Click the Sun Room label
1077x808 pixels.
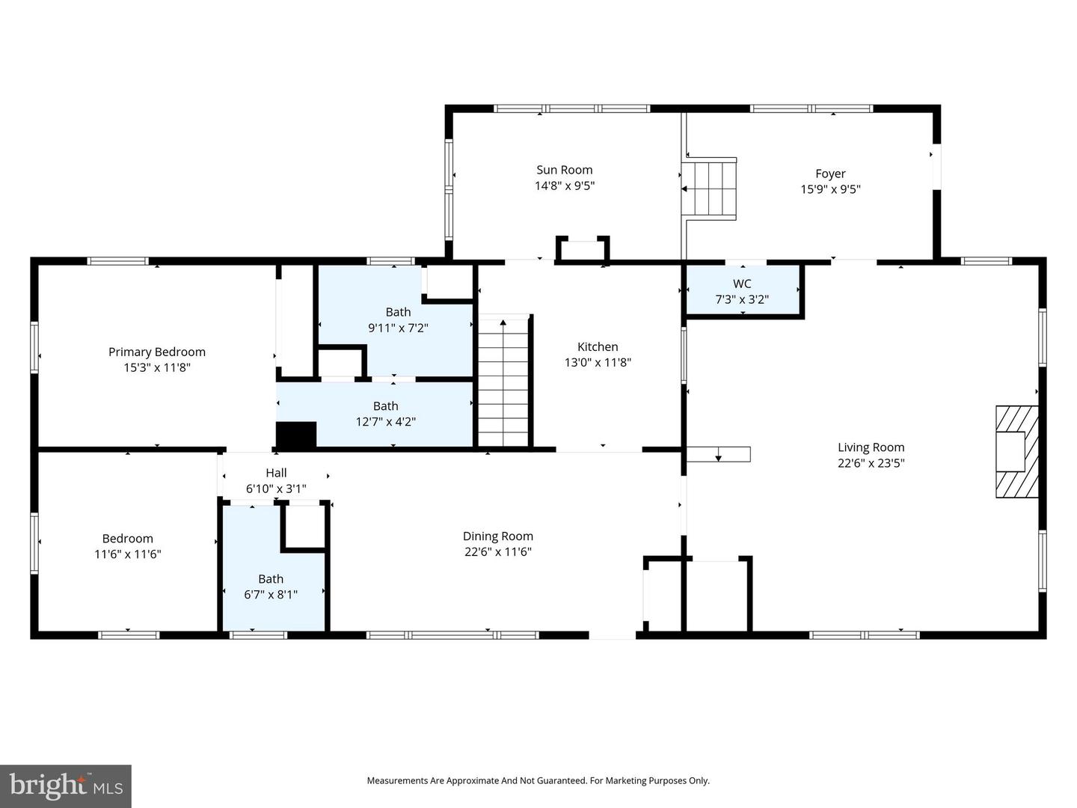click(x=564, y=170)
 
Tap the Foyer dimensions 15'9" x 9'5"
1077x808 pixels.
click(x=830, y=189)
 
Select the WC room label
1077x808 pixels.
click(x=742, y=284)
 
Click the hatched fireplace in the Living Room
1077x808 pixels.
click(x=1017, y=452)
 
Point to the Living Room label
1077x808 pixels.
click(x=871, y=447)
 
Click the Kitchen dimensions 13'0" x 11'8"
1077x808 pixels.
click(x=598, y=363)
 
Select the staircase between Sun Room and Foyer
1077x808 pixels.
click(x=711, y=187)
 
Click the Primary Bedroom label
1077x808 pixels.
click(x=157, y=352)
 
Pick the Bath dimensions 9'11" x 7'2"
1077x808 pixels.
click(x=398, y=328)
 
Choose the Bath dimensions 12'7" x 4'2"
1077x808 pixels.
click(x=385, y=422)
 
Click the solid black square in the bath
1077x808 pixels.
click(x=296, y=435)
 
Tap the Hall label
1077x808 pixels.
click(x=276, y=473)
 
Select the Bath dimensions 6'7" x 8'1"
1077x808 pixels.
click(x=271, y=595)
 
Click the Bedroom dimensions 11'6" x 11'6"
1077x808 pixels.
click(x=128, y=554)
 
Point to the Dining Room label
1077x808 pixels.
click(x=497, y=536)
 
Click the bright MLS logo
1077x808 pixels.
click(x=66, y=786)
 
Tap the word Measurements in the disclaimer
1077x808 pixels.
click(x=397, y=780)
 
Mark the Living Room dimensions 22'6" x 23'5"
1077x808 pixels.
click(x=871, y=463)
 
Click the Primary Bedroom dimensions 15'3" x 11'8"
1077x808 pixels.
click(x=157, y=367)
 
